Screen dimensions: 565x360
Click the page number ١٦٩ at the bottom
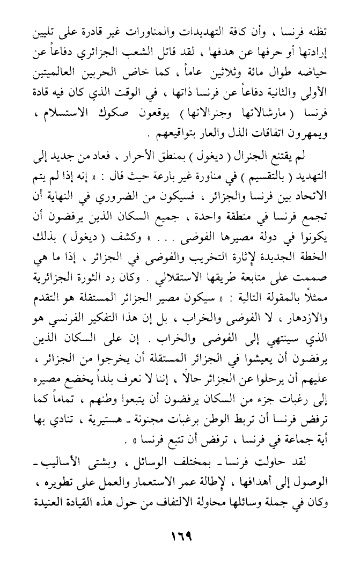point(180,536)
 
